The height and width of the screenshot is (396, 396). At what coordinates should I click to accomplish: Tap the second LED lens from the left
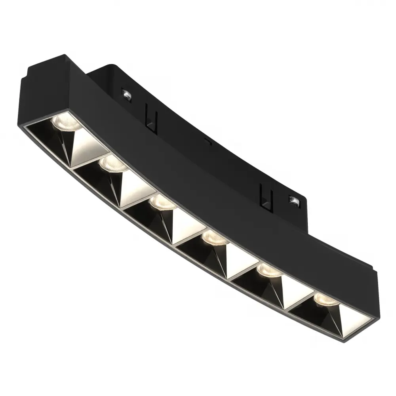coord(114,163)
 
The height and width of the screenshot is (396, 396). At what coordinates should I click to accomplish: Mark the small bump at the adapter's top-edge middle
coord(206,140)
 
